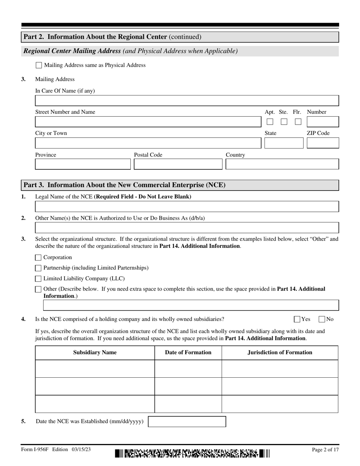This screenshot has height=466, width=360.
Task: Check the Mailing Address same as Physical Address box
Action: (x=39, y=65)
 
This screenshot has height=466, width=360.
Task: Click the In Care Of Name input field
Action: (x=187, y=101)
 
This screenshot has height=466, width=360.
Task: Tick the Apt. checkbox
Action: (x=270, y=122)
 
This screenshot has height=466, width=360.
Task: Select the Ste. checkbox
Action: (x=284, y=122)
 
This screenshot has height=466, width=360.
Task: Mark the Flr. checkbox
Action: (x=298, y=122)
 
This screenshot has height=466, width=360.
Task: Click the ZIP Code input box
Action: (x=322, y=143)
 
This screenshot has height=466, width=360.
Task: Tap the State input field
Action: (x=284, y=143)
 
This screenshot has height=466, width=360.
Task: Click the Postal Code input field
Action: (x=178, y=164)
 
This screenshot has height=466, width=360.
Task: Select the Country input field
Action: (x=282, y=164)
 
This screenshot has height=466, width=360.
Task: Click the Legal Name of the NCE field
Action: (x=187, y=206)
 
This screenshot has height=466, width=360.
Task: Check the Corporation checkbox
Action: (x=38, y=258)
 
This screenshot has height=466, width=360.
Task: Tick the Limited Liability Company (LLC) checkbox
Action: (x=38, y=279)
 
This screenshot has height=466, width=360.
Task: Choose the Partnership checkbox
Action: (x=38, y=268)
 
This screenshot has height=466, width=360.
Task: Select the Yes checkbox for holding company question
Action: (x=297, y=319)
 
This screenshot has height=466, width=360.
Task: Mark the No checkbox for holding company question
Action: (x=322, y=319)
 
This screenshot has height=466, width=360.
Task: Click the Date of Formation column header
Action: (x=188, y=353)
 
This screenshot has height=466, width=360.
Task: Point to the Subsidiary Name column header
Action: (x=95, y=353)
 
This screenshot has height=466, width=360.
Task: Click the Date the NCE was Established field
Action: (x=187, y=422)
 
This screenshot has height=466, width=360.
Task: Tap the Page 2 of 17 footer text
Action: (x=325, y=450)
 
